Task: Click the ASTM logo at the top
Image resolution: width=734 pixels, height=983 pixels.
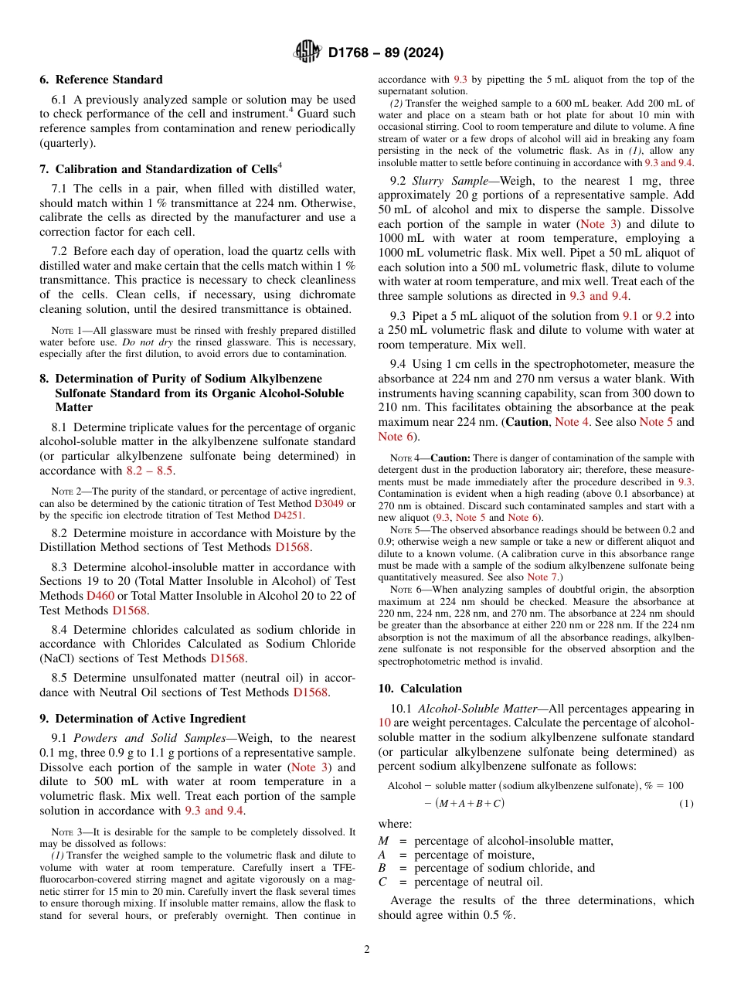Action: click(x=308, y=53)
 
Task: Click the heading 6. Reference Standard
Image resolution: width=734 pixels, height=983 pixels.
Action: click(x=101, y=80)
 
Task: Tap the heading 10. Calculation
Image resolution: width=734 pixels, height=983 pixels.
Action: click(x=420, y=689)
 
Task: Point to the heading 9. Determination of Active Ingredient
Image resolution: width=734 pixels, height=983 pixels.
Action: click(x=143, y=719)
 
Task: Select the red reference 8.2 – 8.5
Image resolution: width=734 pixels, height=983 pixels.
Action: click(x=150, y=470)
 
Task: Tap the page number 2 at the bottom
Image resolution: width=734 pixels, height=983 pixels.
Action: click(x=367, y=951)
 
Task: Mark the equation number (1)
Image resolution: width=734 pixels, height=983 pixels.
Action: click(x=686, y=804)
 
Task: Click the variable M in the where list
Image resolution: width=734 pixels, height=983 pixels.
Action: click(x=384, y=841)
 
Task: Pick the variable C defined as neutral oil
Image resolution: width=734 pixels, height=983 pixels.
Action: click(x=382, y=882)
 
